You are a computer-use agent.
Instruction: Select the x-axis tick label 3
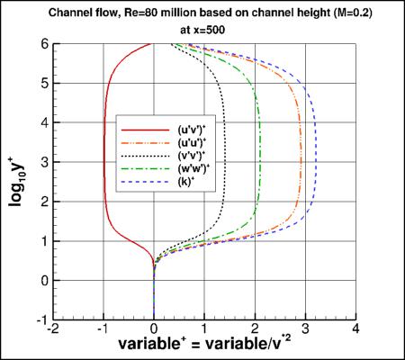(306, 328)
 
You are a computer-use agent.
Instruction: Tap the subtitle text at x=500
(206, 27)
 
